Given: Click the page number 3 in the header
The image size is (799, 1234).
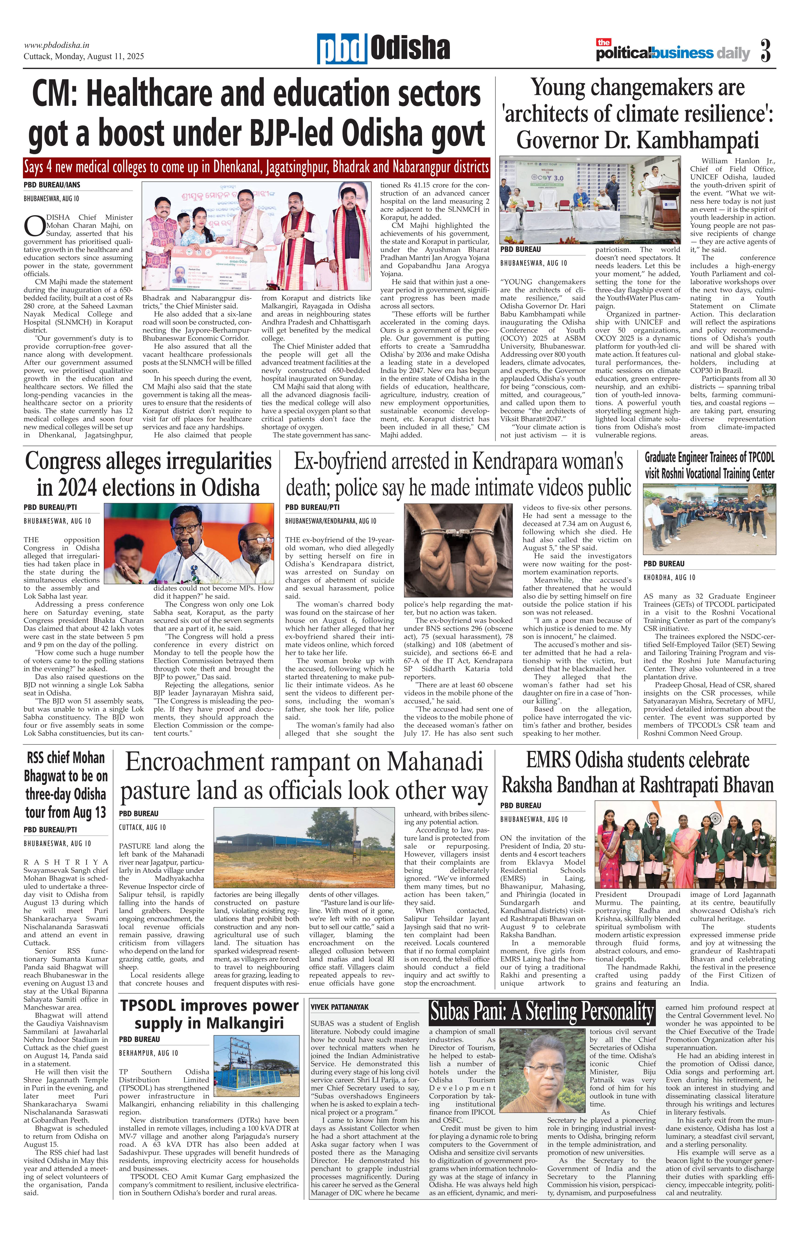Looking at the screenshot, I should click(765, 51).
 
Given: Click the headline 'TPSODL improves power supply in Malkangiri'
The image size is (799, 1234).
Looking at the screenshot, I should click(209, 1014).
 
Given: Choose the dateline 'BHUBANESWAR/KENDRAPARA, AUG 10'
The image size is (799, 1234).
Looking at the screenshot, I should click(331, 521).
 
